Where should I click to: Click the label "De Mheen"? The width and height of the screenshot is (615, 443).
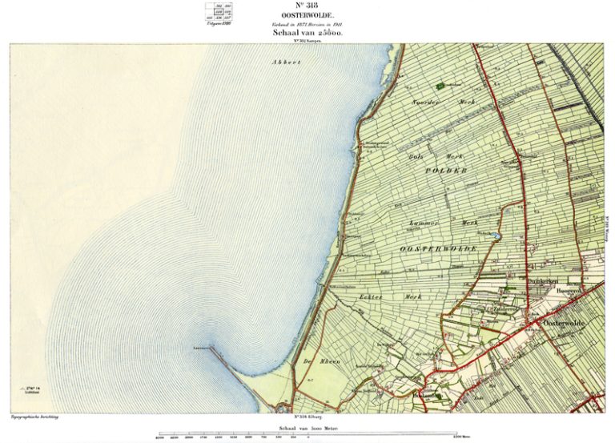coord(328,361)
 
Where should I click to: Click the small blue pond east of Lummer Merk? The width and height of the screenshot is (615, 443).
coord(498,236)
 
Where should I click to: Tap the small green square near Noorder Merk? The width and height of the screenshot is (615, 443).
coord(439,85)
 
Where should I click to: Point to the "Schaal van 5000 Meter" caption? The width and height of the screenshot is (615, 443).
coord(307,429)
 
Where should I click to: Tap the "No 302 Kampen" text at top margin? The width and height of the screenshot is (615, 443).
coord(307,40)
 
